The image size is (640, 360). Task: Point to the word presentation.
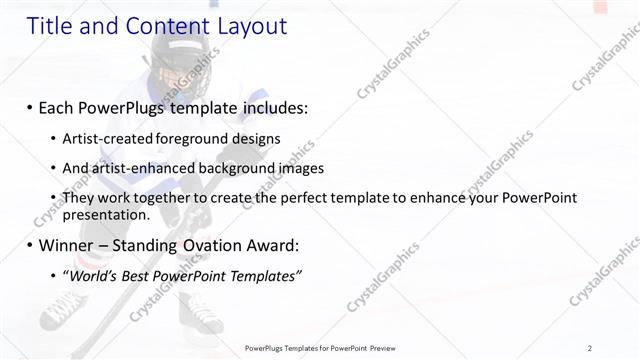point(106,213)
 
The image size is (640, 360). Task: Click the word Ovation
point(207,245)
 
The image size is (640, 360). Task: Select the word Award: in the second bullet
point(273,245)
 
